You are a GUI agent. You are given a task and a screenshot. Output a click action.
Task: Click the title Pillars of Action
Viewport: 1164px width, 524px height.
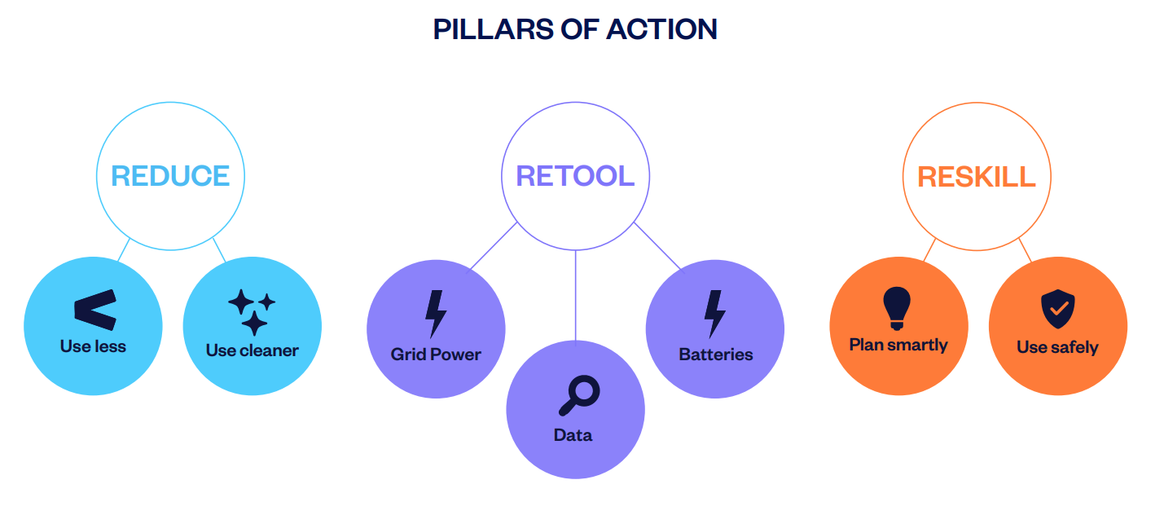tap(575, 29)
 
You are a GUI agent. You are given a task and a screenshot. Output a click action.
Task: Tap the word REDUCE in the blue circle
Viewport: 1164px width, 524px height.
tap(170, 176)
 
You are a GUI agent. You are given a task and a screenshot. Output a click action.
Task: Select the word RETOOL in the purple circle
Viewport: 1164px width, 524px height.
tap(575, 176)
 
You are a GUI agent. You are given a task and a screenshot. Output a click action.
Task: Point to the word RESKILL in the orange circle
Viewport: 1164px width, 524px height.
tap(977, 177)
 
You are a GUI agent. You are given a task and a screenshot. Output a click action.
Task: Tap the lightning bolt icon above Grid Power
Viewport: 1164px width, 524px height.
tap(436, 314)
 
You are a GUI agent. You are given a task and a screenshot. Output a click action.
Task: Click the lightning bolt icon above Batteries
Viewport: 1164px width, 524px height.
tap(714, 314)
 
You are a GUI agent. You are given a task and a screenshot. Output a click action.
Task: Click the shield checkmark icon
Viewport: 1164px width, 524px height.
tap(1057, 310)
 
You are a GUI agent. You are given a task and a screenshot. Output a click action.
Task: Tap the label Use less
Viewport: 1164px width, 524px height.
tap(93, 346)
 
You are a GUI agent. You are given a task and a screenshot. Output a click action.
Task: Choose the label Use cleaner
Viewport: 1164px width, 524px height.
tap(252, 350)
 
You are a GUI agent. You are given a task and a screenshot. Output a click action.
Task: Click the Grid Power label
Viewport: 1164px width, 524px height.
tap(436, 354)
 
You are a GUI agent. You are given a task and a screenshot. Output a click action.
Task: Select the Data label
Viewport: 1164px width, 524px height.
tap(573, 435)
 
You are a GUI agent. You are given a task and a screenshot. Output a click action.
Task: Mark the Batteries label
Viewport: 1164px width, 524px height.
tap(715, 354)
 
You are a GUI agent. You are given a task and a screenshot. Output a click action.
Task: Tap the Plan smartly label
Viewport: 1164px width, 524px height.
tap(898, 345)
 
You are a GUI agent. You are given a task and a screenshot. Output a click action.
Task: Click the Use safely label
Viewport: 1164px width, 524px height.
tap(1057, 347)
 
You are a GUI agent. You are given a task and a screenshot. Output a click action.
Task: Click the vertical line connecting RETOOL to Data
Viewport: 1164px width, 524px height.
tap(576, 293)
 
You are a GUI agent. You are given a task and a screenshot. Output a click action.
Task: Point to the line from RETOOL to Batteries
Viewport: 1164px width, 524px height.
tap(657, 245)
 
